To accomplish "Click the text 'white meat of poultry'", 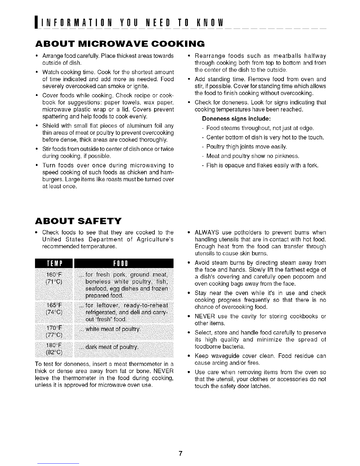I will [113, 329].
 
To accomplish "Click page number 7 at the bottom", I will [180, 453].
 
